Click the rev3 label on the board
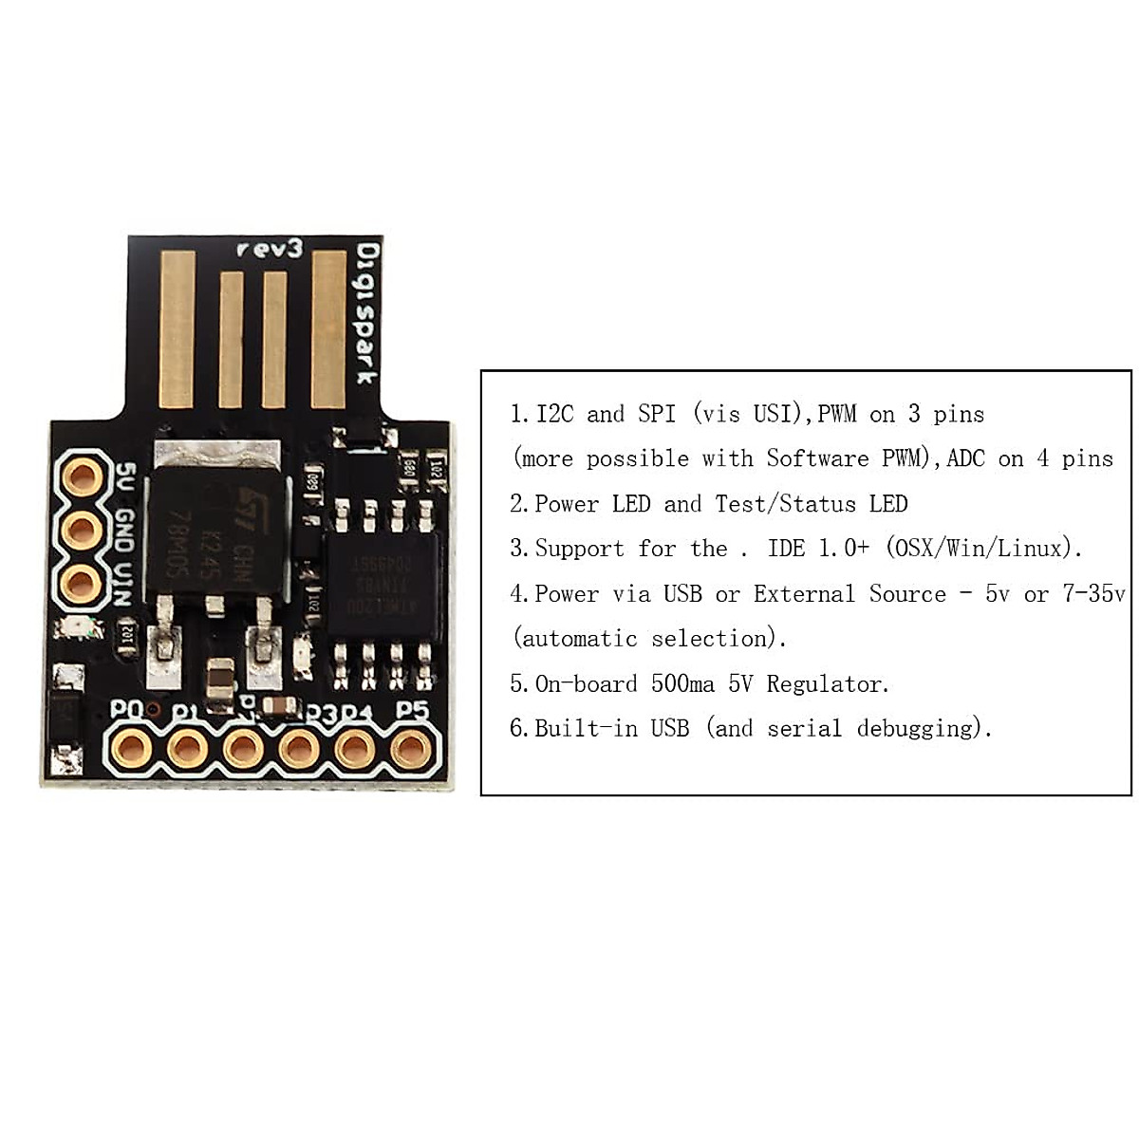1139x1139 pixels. click(269, 249)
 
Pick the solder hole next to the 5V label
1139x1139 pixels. click(83, 474)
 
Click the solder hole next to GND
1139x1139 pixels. click(83, 529)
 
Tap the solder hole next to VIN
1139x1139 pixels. click(83, 584)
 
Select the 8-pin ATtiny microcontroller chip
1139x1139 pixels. click(383, 586)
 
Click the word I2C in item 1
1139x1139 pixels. click(554, 414)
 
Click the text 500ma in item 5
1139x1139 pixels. click(682, 683)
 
